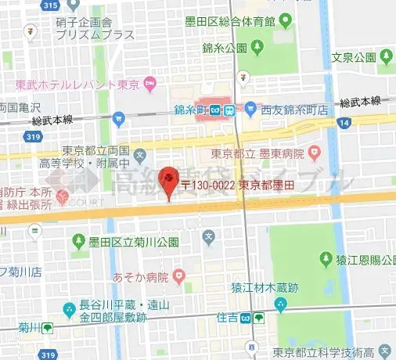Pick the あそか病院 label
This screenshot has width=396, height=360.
pyautogui.click(x=141, y=276)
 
